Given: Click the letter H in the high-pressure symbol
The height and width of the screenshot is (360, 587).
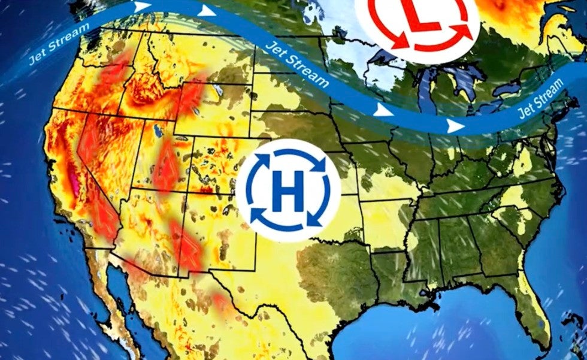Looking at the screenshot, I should (x=288, y=190).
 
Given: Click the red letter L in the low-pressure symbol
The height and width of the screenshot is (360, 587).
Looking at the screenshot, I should (x=422, y=14).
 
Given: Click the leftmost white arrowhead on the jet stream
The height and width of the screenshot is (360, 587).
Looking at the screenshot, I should (x=142, y=7).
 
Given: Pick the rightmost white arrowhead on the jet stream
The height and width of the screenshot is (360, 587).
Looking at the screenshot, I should (x=455, y=126).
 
